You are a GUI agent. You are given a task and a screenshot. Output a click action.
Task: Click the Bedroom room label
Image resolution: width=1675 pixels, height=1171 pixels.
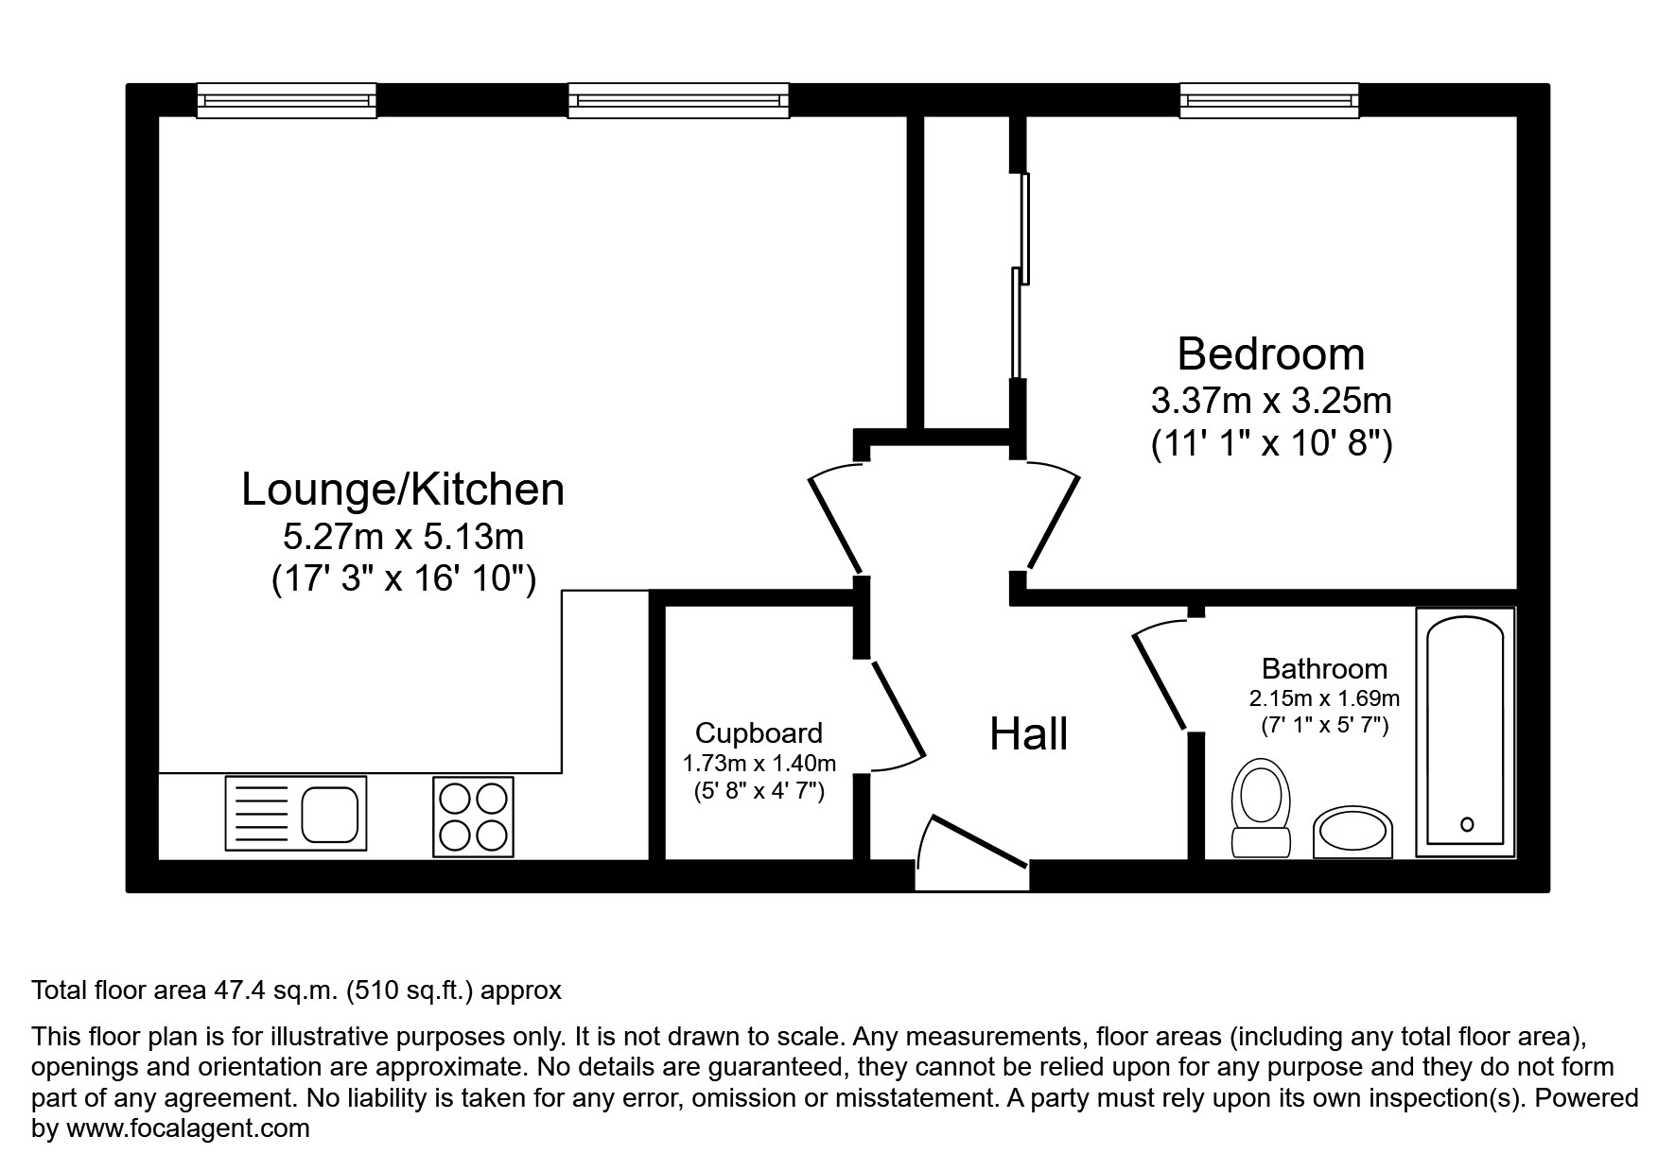pos(1270,354)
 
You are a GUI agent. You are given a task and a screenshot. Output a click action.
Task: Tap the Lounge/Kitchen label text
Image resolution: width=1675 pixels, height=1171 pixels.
pos(403,490)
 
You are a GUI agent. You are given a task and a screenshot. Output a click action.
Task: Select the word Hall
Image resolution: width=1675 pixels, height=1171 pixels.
pos(1028,734)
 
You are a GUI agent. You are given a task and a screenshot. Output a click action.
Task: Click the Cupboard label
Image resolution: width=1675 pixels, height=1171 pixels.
pos(759,732)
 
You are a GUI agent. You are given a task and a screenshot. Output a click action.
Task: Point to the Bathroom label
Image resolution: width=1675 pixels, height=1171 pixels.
pos(1324,669)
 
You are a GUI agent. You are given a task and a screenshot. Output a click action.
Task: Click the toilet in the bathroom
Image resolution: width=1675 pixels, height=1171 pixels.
pos(1262,809)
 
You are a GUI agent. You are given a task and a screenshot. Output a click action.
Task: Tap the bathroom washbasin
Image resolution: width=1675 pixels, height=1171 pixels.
pos(1352,832)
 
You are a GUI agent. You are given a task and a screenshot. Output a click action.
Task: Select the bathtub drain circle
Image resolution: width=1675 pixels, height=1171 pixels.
pos(1467,823)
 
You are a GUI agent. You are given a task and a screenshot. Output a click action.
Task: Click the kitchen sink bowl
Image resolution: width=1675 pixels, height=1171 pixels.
pos(329,813)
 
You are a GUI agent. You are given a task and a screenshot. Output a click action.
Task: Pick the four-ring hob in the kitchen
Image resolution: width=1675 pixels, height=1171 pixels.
pos(473,817)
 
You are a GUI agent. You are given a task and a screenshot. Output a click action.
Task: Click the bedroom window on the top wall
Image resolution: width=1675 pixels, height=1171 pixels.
pos(1268,99)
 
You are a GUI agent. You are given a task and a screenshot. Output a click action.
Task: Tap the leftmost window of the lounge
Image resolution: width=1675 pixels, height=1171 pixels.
pos(287,99)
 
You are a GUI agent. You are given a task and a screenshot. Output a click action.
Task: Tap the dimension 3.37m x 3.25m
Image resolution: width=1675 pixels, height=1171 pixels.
pos(1270,401)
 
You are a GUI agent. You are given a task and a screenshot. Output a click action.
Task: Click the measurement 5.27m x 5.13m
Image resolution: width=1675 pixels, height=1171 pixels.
pos(403,537)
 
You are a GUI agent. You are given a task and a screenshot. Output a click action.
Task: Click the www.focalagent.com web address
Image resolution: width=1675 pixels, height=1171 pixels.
pos(186,1128)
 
